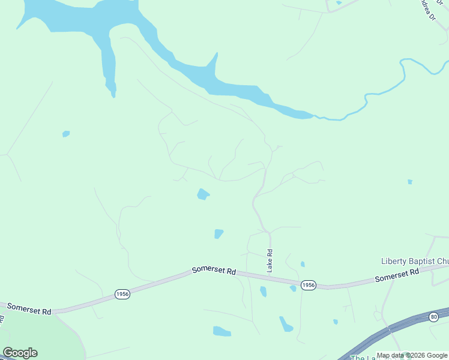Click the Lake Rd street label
(270, 259)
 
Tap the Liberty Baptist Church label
(415, 261)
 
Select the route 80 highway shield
(433, 316)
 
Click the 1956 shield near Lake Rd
(308, 284)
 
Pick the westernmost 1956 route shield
(122, 294)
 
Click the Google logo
(20, 353)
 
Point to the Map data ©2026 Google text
(412, 355)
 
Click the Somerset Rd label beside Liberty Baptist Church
(397, 275)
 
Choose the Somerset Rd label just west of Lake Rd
(214, 271)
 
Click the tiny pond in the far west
(66, 134)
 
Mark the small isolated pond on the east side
(410, 181)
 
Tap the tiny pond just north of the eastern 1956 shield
(303, 264)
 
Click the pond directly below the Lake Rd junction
(263, 292)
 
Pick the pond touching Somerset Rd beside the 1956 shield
(293, 289)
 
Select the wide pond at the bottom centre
(221, 331)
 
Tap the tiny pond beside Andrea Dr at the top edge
(339, 3)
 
